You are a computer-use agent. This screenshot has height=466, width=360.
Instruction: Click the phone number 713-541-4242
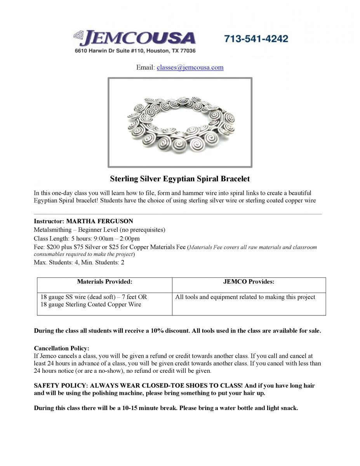click(256, 39)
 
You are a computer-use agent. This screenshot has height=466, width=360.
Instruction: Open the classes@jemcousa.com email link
click(190, 68)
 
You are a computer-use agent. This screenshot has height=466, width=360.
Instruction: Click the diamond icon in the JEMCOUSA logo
click(78, 36)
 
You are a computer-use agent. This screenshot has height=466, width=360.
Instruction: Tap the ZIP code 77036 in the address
click(187, 51)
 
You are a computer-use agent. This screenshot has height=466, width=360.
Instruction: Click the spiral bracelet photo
click(180, 122)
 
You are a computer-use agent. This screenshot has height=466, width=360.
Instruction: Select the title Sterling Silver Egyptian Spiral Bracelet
click(180, 179)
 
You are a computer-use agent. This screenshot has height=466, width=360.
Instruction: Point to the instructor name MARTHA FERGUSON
click(99, 221)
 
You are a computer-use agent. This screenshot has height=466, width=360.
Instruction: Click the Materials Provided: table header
click(104, 282)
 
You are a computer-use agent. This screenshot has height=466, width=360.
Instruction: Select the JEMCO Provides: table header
click(249, 282)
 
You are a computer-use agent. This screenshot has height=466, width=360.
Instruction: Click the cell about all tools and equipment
click(245, 297)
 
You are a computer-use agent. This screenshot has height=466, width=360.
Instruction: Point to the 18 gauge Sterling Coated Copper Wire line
click(91, 304)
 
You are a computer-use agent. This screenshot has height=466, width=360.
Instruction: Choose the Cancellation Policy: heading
click(61, 348)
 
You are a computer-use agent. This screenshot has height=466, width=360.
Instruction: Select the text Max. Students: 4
click(56, 263)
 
